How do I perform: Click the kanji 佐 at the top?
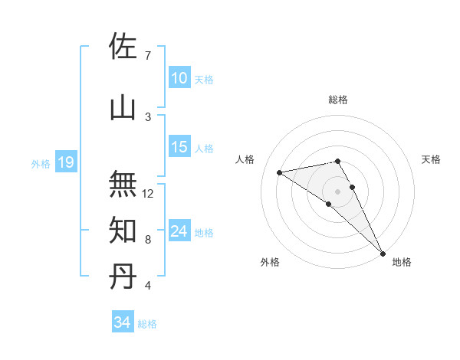click(x=123, y=48)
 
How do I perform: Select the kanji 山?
click(x=123, y=107)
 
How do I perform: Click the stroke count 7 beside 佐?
click(x=147, y=56)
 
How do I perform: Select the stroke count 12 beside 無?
click(x=149, y=194)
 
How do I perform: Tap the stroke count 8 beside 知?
click(x=147, y=240)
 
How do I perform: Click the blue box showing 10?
click(x=179, y=78)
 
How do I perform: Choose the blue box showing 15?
click(x=179, y=148)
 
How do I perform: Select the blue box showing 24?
click(x=179, y=231)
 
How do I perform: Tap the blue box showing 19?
click(x=65, y=162)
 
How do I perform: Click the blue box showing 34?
click(x=122, y=322)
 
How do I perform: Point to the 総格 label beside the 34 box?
click(x=148, y=324)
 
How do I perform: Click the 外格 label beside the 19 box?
click(x=41, y=163)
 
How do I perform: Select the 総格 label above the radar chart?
click(x=338, y=100)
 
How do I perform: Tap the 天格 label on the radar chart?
click(x=432, y=159)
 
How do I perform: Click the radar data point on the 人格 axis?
click(x=280, y=172)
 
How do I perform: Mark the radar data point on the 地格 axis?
click(x=383, y=253)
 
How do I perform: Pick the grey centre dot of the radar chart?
click(x=338, y=191)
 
